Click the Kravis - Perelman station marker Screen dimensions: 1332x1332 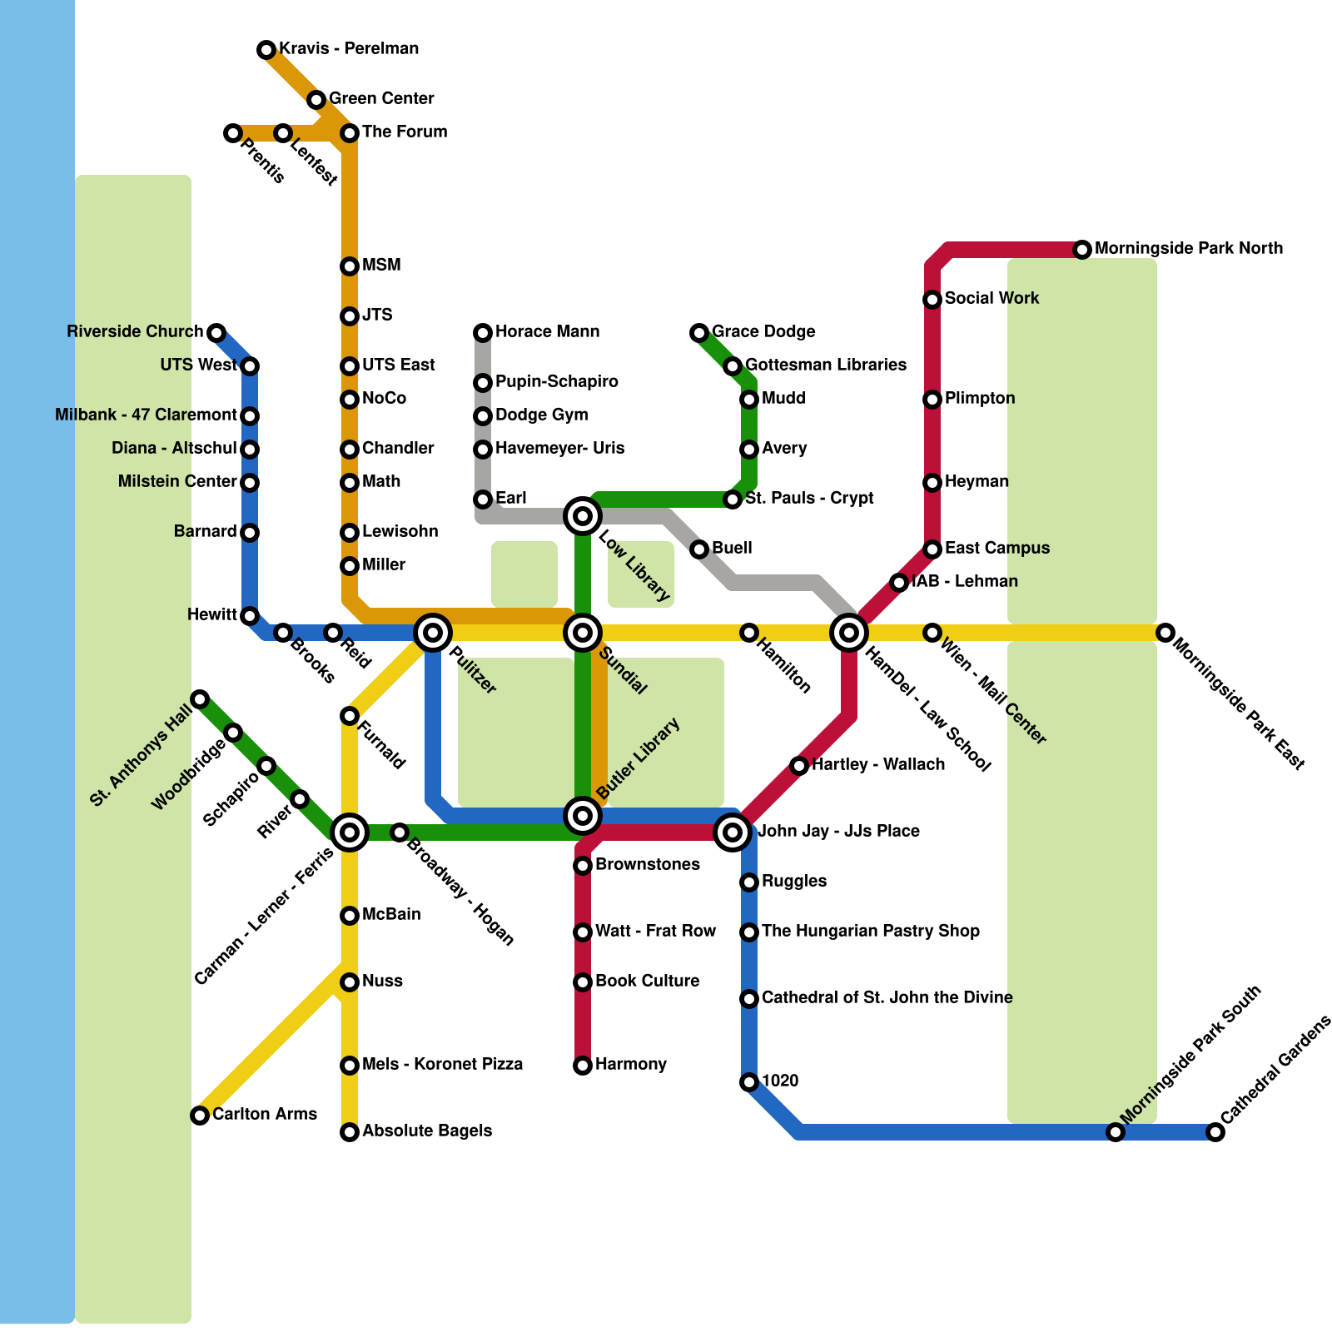pyautogui.click(x=266, y=50)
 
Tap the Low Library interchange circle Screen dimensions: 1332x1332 pyautogui.click(x=583, y=516)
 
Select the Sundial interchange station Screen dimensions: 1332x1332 pyautogui.click(x=583, y=633)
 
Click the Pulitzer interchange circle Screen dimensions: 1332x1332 pyautogui.click(x=433, y=633)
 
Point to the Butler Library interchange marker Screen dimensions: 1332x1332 pyautogui.click(x=583, y=815)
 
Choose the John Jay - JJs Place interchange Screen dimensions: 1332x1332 pyautogui.click(x=733, y=832)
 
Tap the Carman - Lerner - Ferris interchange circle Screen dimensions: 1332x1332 pyautogui.click(x=350, y=832)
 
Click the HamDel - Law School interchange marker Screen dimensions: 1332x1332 pyautogui.click(x=849, y=633)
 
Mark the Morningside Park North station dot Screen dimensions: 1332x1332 pyautogui.click(x=1082, y=249)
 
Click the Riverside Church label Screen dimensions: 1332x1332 pyautogui.click(x=135, y=332)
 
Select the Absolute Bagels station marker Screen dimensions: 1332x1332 pyautogui.click(x=350, y=1132)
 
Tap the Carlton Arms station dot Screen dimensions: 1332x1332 pyautogui.click(x=200, y=1116)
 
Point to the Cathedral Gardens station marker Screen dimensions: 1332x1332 pyautogui.click(x=1215, y=1132)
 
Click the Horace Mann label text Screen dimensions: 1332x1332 pyautogui.click(x=547, y=332)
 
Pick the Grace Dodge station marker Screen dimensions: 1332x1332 pyautogui.click(x=699, y=333)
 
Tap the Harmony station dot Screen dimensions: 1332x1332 pyautogui.click(x=583, y=1066)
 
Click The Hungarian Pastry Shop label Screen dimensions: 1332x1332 pyautogui.click(x=870, y=932)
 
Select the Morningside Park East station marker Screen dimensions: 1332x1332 pyautogui.click(x=1165, y=633)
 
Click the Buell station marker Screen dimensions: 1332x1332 pyautogui.click(x=699, y=549)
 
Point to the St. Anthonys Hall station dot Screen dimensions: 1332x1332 pyautogui.click(x=200, y=698)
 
